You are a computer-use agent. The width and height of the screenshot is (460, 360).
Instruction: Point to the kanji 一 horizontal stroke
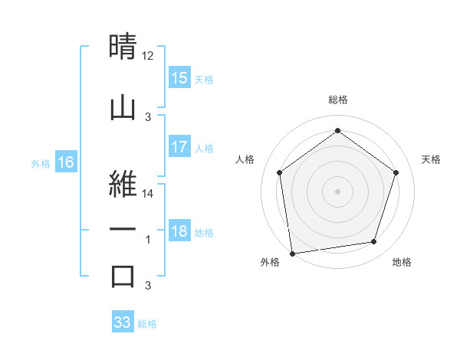pyautogui.click(x=123, y=229)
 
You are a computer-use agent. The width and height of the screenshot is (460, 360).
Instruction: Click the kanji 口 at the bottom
pyautogui.click(x=123, y=277)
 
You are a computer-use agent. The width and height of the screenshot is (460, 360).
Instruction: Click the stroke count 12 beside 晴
pyautogui.click(x=148, y=56)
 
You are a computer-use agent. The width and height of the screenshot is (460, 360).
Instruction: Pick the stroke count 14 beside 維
pyautogui.click(x=149, y=195)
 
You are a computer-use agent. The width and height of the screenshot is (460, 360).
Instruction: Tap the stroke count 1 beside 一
pyautogui.click(x=148, y=240)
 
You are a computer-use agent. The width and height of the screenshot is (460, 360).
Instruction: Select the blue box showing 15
pyautogui.click(x=179, y=78)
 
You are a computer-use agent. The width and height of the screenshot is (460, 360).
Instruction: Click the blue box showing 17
pyautogui.click(x=179, y=147)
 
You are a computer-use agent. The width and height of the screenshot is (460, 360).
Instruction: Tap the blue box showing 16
pyautogui.click(x=65, y=162)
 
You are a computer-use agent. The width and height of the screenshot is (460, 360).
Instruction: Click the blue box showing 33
pyautogui.click(x=122, y=322)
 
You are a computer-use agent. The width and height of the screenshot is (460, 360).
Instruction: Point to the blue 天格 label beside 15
pyautogui.click(x=203, y=79)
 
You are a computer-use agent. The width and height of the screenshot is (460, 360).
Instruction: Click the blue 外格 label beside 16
pyautogui.click(x=40, y=163)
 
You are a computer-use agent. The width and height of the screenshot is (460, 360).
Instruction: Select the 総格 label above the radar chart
pyautogui.click(x=337, y=100)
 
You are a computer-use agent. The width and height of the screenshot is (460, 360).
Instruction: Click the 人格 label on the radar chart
pyautogui.click(x=245, y=159)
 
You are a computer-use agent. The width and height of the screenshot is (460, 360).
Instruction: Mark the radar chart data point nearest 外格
pyautogui.click(x=292, y=253)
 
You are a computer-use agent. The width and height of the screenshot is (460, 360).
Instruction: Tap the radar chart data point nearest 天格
pyautogui.click(x=396, y=172)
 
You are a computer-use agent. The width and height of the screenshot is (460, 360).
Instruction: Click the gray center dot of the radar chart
pyautogui.click(x=337, y=191)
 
